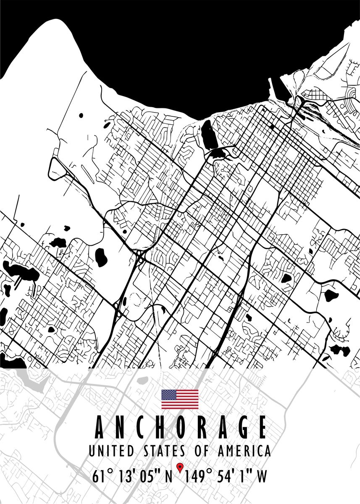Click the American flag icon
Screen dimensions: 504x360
[x=180, y=399]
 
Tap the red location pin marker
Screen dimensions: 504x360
[x=181, y=467]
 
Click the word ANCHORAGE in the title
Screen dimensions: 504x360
[x=181, y=427]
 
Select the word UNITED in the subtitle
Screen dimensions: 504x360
[x=111, y=451]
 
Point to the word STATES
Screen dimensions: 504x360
[x=164, y=451]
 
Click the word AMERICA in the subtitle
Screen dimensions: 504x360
[x=244, y=451]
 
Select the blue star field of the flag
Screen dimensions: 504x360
[x=169, y=395]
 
